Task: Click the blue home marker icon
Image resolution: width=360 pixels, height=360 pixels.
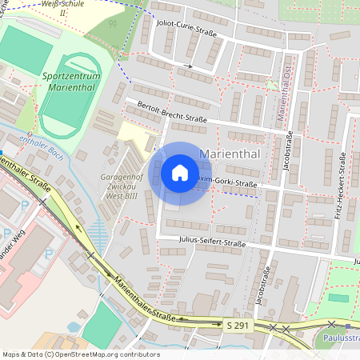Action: click(x=180, y=172)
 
